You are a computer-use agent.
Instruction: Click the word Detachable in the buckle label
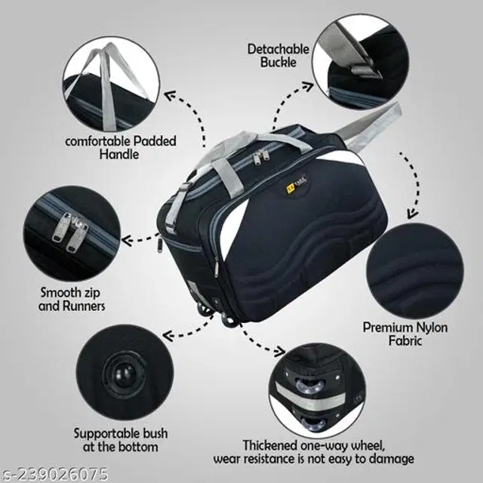click(278, 49)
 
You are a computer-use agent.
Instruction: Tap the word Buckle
click(278, 62)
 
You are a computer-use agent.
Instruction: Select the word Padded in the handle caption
click(155, 141)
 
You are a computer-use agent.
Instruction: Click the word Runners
click(84, 306)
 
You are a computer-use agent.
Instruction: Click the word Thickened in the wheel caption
click(270, 445)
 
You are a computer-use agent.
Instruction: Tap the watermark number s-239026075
click(54, 475)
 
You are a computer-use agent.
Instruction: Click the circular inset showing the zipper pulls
click(72, 233)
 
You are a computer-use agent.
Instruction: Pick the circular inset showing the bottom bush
click(125, 372)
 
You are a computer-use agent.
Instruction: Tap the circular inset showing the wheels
click(317, 391)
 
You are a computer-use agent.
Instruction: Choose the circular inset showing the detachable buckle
click(361, 62)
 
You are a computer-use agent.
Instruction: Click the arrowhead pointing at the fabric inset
click(413, 214)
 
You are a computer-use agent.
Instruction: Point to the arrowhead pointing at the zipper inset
click(127, 240)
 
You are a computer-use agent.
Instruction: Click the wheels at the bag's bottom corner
click(217, 314)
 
